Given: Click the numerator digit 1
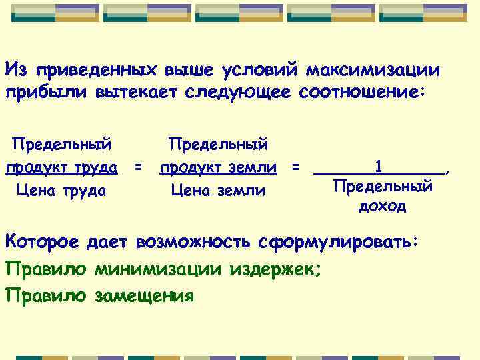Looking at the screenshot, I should (x=379, y=165).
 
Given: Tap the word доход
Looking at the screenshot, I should (x=382, y=206).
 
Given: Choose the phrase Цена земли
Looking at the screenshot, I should (x=218, y=191).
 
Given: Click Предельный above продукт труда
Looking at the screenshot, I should (x=62, y=144).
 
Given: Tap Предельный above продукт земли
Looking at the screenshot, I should (x=218, y=144).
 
